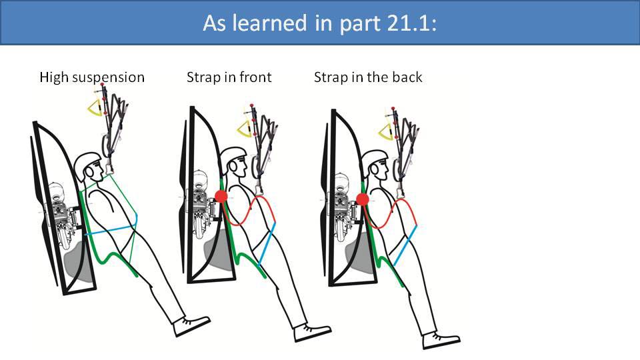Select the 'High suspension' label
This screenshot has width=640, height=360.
pos(92,77)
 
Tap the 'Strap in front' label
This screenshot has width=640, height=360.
pos(229,77)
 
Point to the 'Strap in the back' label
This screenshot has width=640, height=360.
pos(368,77)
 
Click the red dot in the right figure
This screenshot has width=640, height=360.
pos(363,199)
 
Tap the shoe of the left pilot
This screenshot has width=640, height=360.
pos(192,325)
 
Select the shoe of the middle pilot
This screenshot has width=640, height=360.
pos(311,331)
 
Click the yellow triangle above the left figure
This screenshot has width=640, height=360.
pos(98,105)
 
